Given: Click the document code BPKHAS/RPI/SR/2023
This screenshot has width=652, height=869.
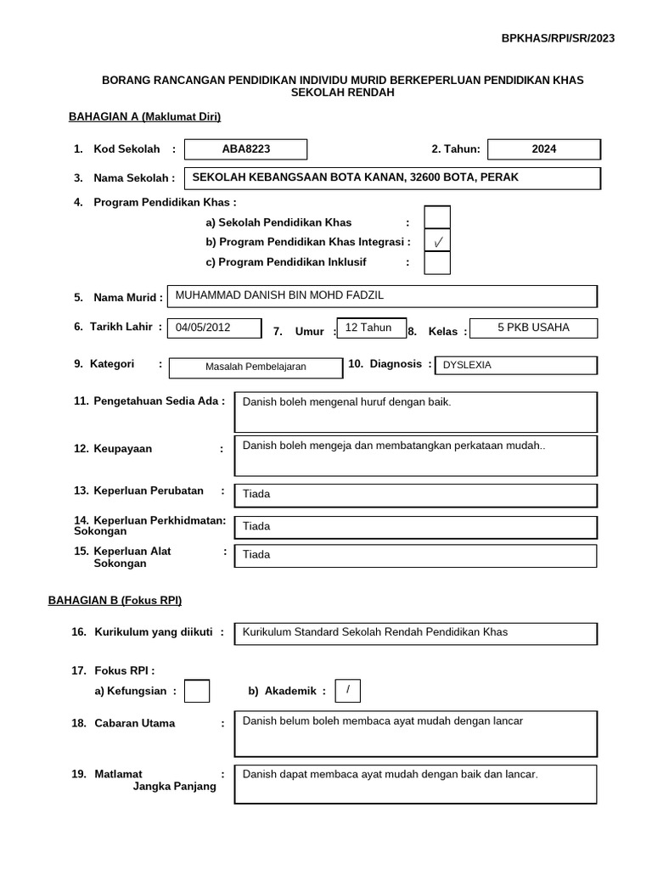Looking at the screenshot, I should pos(558,38).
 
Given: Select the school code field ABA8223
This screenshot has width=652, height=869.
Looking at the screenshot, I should pos(246,149).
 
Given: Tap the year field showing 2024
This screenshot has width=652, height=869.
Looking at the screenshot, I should pos(544,149).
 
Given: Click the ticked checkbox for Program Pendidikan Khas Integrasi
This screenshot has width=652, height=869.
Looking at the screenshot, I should pos(437,242).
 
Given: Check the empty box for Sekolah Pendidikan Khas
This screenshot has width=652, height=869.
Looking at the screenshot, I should pos(437,219).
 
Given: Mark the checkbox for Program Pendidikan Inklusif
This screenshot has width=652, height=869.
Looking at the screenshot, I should pos(437,264).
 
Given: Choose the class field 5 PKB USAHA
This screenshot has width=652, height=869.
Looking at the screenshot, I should pos(533,328).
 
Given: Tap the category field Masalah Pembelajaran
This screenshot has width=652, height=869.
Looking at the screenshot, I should pos(256,367).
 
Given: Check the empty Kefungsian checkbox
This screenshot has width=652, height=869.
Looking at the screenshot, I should pos(197,692).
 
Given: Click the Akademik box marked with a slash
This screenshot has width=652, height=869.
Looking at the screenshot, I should pos(347,691).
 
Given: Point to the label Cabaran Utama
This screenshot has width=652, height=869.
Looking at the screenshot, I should pos(134,723).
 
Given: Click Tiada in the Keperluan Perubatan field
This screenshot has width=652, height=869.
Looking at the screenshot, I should pos(256,494).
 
